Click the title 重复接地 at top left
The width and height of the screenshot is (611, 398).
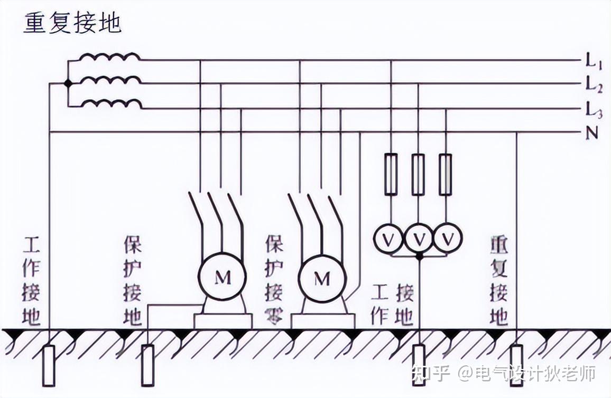coord(72,24)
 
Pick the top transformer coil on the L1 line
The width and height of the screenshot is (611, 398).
coord(110,57)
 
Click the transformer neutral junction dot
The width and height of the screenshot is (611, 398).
coord(68,83)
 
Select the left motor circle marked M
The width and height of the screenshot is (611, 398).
coord(223,278)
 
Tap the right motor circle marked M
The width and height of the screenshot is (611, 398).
coord(322,278)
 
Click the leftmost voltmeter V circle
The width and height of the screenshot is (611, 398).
coord(389,240)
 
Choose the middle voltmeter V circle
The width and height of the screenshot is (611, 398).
coord(419,240)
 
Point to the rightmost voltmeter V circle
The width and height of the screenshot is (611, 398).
coord(448,240)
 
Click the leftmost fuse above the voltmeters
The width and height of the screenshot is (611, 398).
coord(391,174)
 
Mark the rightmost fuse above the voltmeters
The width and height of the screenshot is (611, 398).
coord(446,174)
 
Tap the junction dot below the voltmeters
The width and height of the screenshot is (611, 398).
coord(419,257)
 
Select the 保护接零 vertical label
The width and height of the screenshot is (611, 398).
coord(274,280)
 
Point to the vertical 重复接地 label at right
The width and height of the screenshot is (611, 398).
coord(499,280)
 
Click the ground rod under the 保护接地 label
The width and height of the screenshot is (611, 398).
coord(147,364)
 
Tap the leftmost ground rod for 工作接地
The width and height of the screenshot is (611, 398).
coord(49,364)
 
